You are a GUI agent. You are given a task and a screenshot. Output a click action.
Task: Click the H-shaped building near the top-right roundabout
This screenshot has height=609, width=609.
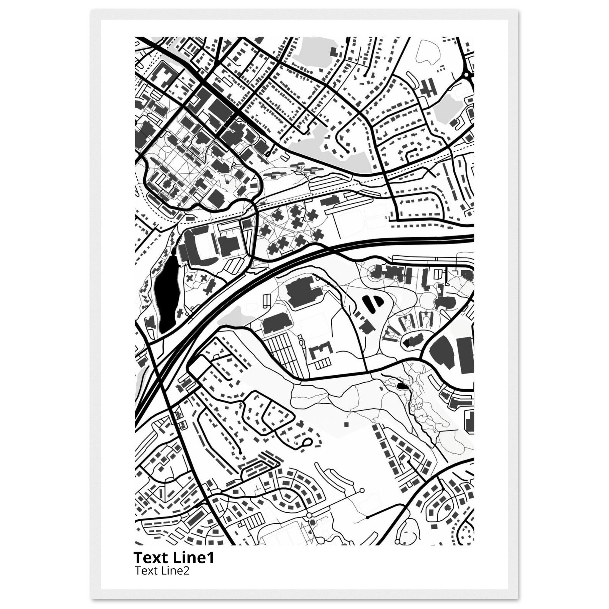click(429, 86)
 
